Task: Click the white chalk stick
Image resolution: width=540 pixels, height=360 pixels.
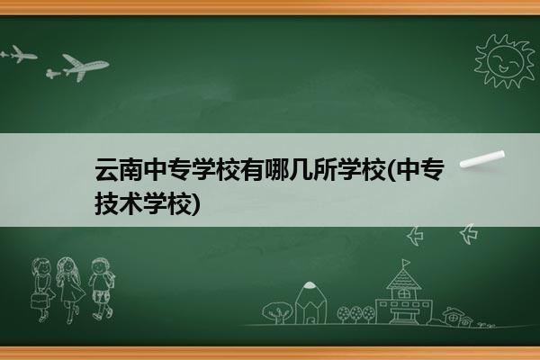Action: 482,159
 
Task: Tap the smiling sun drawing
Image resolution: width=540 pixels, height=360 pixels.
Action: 505,61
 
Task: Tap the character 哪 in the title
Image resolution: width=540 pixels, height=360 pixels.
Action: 275,169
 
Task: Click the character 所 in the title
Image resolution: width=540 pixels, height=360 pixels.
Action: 324,169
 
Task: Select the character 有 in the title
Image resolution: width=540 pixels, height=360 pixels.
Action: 251,169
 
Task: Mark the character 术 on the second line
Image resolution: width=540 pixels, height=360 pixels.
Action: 130,203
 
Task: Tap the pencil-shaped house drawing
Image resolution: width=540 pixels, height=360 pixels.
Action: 310,302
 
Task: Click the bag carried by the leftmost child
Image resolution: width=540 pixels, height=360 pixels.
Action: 39,301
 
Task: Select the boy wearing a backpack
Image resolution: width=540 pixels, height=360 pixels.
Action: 101,288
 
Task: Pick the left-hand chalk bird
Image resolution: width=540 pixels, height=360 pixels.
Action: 415,236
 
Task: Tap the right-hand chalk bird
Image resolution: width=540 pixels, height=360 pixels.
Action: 469,234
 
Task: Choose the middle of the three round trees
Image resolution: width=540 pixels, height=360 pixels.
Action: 356,313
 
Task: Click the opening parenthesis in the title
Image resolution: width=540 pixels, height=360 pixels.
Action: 391,170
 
